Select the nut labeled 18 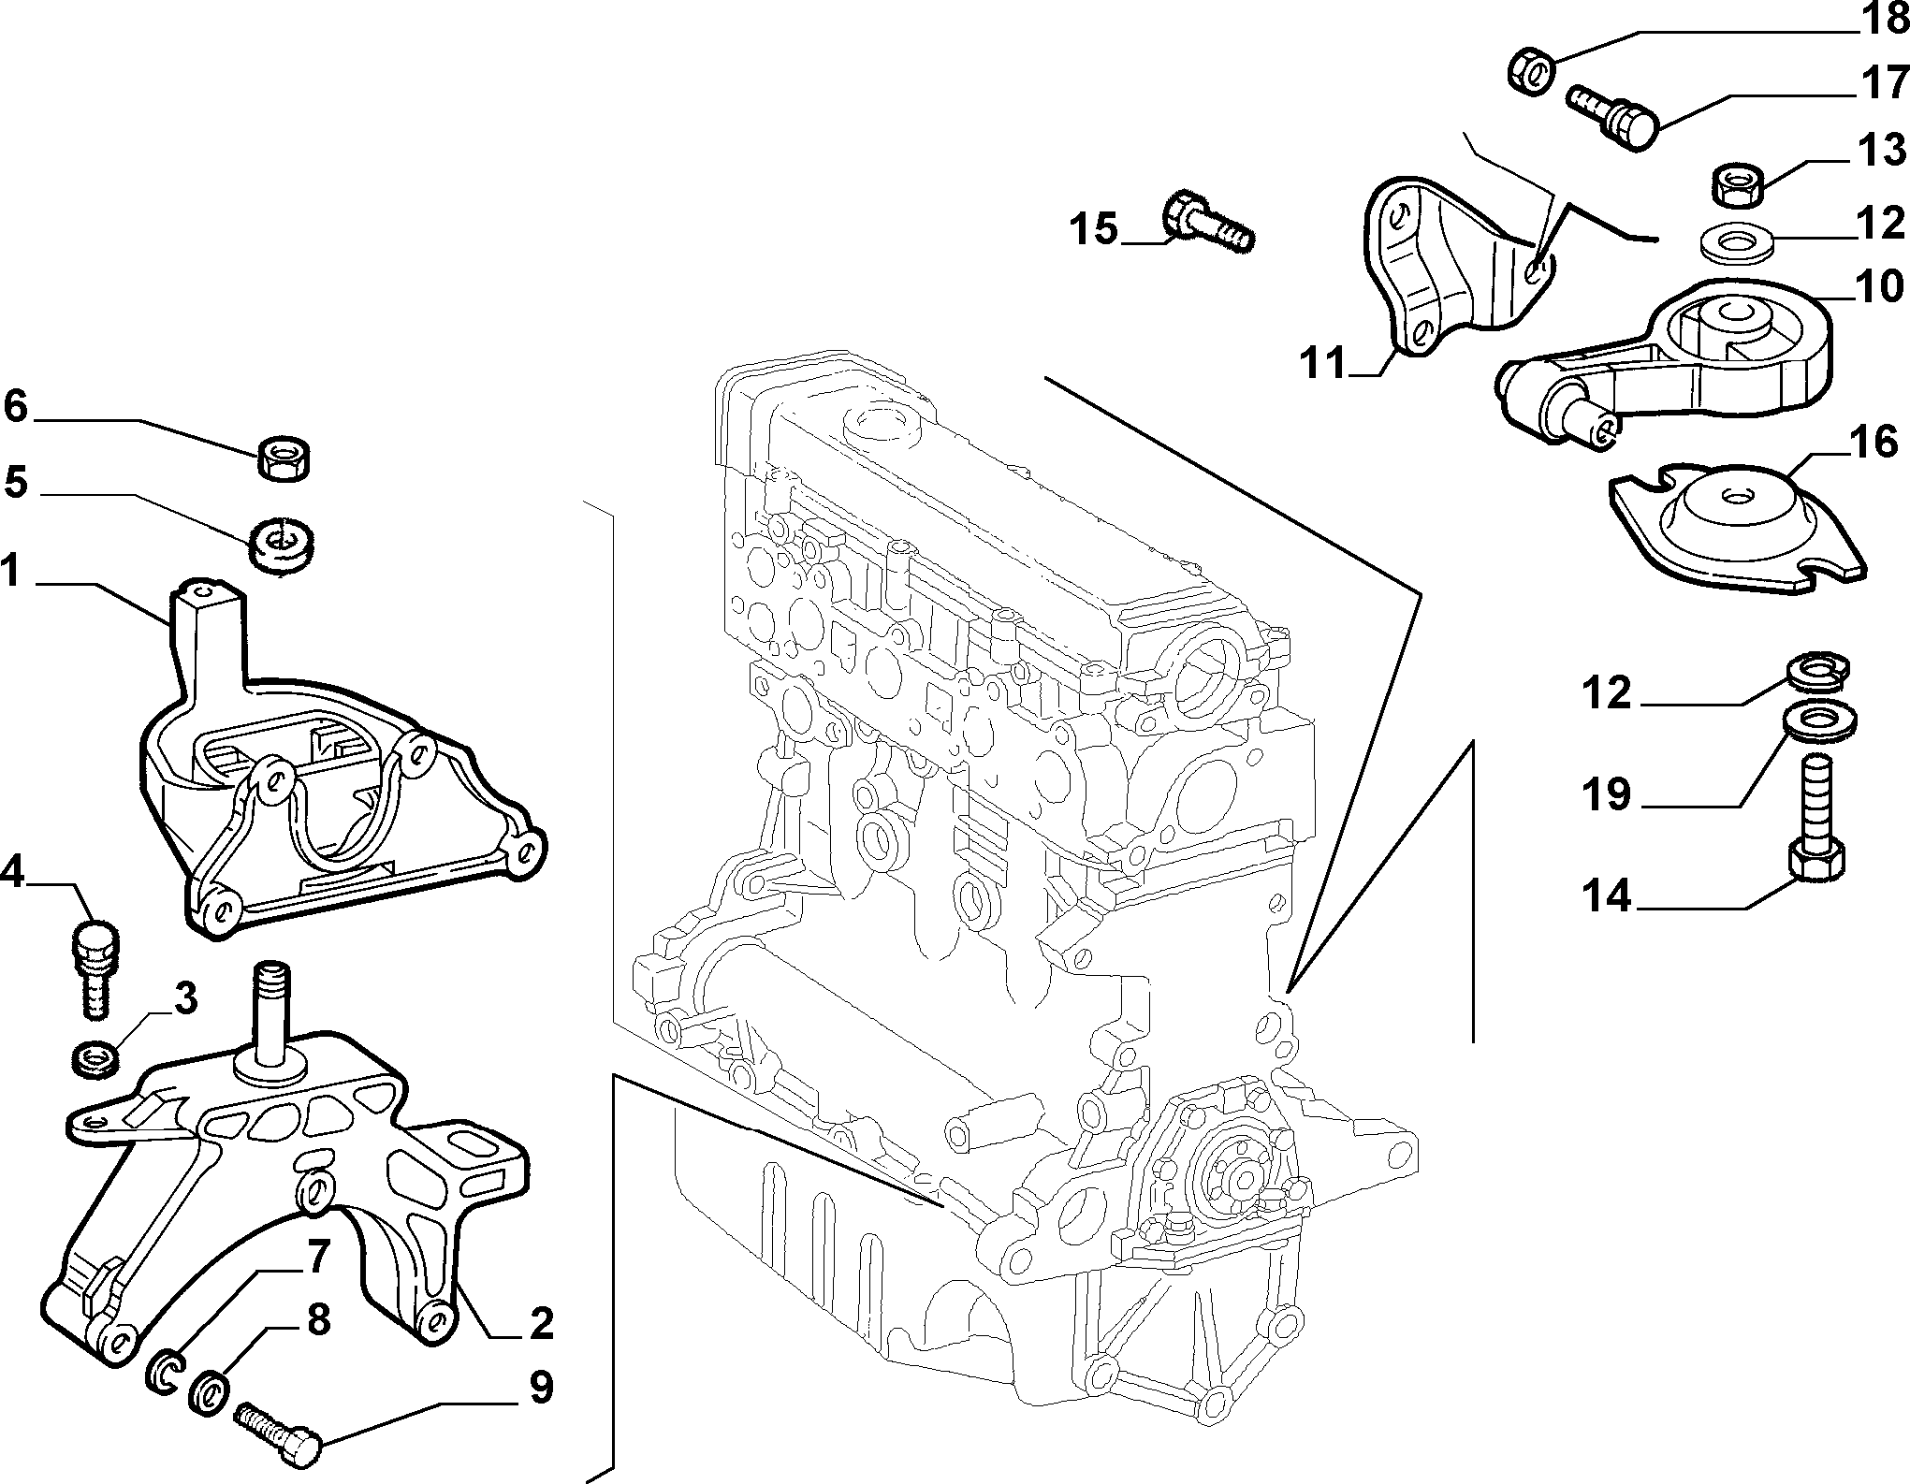pyautogui.click(x=1534, y=72)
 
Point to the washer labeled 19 pyautogui.click(x=1818, y=723)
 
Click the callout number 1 pyautogui.click(x=10, y=570)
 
